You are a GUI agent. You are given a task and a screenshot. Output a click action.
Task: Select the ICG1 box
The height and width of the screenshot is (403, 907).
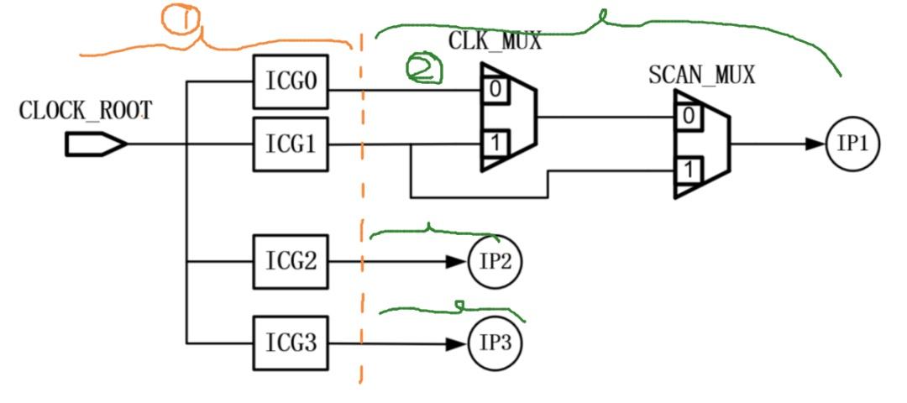(291, 144)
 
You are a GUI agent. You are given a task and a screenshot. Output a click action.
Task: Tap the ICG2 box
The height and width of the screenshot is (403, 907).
(291, 261)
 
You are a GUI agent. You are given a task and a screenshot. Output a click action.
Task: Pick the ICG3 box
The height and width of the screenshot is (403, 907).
(291, 343)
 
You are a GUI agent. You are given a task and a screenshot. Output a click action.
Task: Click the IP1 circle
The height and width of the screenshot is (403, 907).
(852, 144)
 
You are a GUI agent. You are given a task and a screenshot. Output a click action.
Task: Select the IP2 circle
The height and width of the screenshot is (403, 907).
(495, 261)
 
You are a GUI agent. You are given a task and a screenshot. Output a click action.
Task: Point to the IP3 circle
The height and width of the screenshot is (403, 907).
(495, 343)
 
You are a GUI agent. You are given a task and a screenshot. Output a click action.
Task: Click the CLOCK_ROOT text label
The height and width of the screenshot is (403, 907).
(86, 110)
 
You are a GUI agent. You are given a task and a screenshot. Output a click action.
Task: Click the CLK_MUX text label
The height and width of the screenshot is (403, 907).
(495, 40)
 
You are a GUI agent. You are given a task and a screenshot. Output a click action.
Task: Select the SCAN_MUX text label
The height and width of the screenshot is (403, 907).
(701, 75)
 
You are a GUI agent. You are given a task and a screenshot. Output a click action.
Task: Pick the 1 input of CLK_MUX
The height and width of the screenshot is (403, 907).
(495, 144)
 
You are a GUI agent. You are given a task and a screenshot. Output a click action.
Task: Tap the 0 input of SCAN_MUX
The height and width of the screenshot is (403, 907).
(689, 117)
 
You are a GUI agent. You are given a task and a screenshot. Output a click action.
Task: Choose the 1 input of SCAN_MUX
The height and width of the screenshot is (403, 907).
(689, 171)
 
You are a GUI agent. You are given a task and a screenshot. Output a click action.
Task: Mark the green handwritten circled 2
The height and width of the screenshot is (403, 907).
(424, 69)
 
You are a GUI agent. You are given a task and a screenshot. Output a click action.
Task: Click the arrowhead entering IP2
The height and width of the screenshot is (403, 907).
(457, 261)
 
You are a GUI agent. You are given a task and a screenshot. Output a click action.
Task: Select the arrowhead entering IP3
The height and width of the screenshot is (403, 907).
(457, 343)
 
